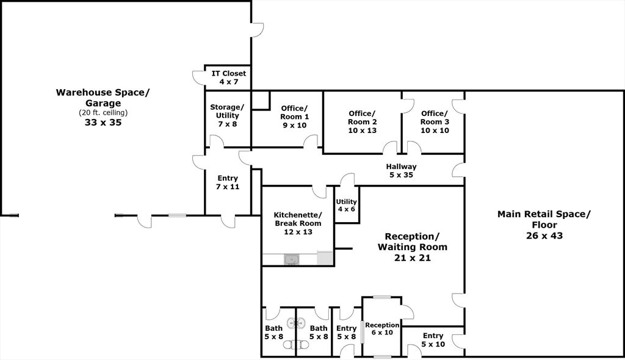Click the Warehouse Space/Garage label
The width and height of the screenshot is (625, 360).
tap(103, 98)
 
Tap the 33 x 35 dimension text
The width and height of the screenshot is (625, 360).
tap(103, 122)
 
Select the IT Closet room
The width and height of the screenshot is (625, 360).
tap(229, 77)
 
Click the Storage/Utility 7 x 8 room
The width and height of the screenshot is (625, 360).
tap(226, 115)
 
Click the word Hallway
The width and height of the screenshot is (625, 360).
tap(401, 167)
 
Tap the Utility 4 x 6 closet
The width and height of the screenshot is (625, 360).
tap(346, 205)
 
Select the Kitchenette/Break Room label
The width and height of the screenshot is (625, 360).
tap(297, 219)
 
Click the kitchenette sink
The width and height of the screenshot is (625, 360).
tap(292, 260)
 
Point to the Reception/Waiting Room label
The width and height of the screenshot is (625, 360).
tap(412, 242)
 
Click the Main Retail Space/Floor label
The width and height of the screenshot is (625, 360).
tap(544, 219)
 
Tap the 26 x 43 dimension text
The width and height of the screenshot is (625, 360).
tap(544, 236)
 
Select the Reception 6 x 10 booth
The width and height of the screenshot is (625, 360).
tap(382, 329)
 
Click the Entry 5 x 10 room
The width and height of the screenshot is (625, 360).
tap(433, 340)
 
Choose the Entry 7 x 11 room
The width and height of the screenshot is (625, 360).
tap(227, 182)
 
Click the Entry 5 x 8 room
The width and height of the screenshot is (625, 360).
tap(346, 333)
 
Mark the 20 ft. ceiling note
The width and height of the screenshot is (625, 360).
tap(103, 113)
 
